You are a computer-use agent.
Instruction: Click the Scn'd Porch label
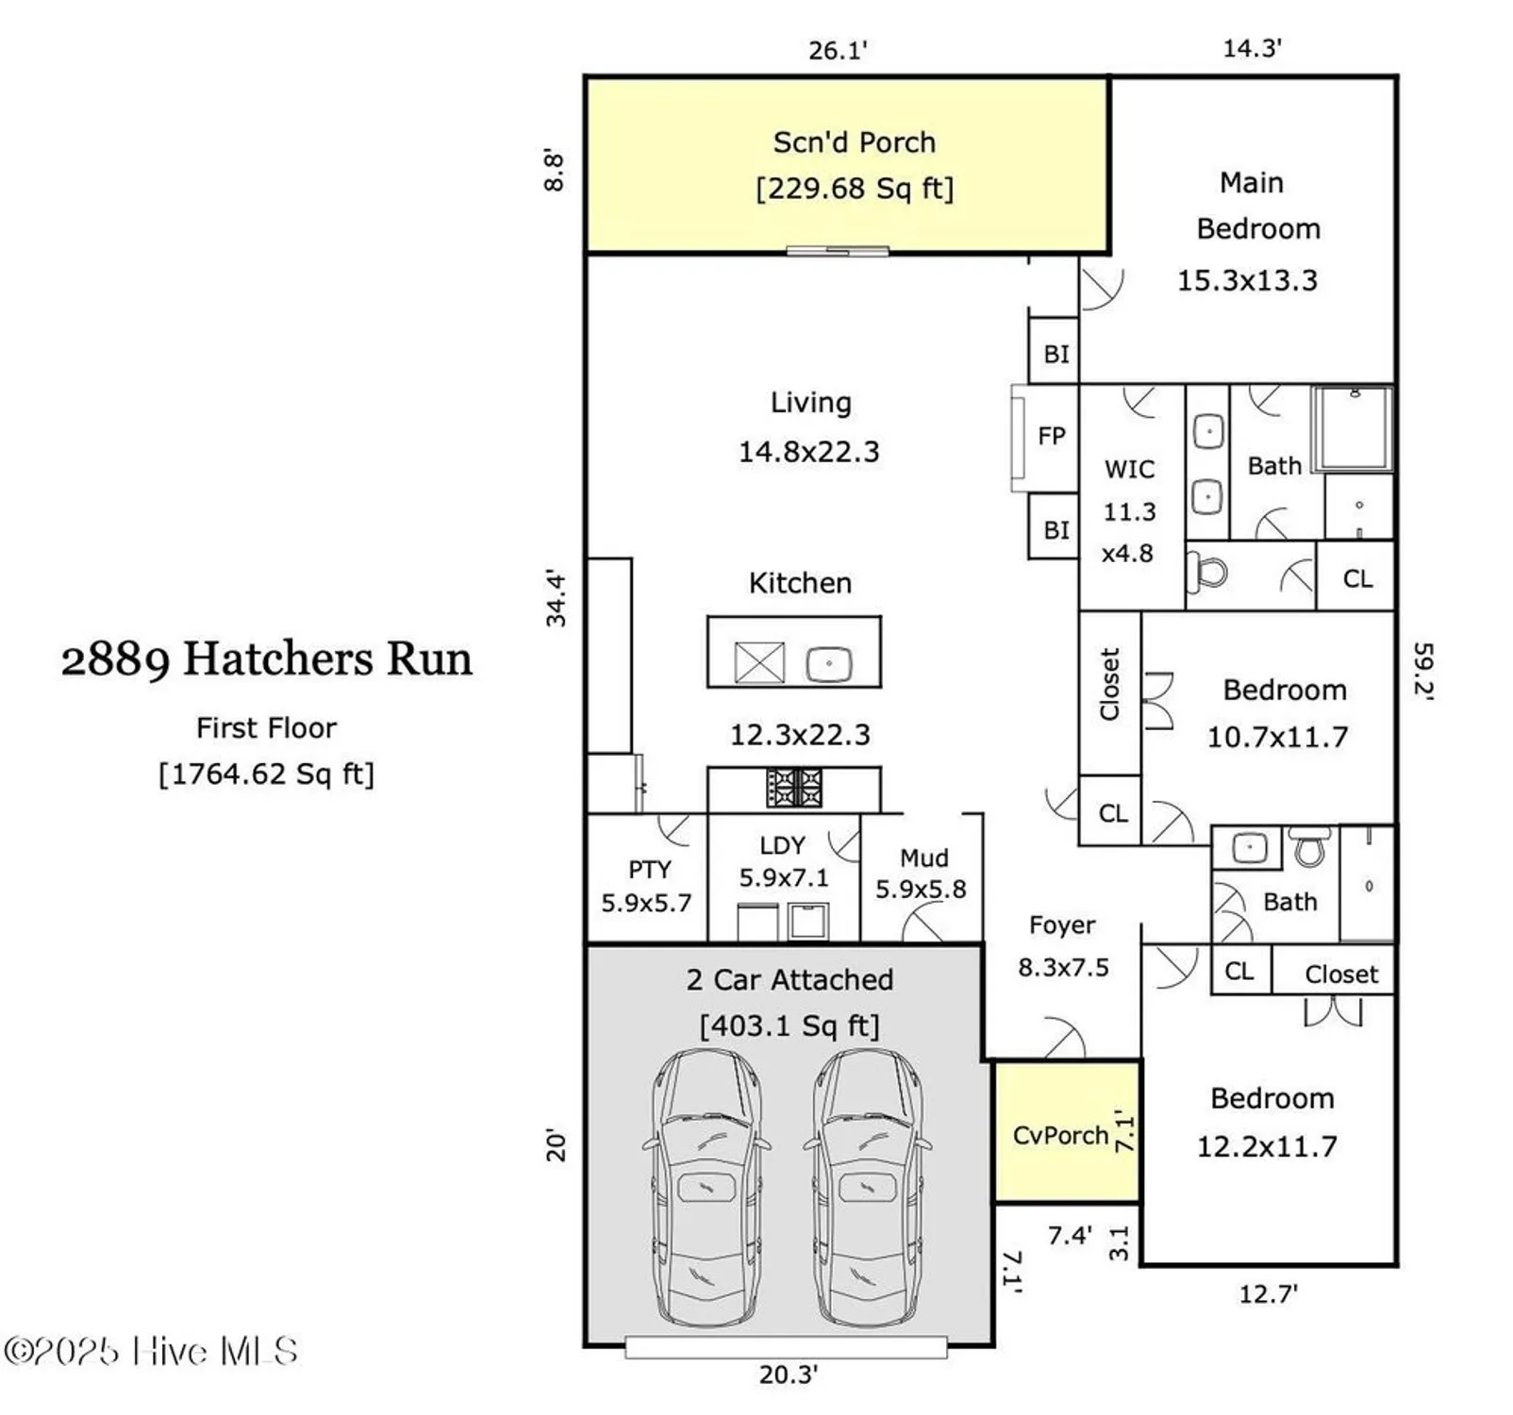pyautogui.click(x=854, y=142)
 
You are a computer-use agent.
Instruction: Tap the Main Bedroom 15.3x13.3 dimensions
pyautogui.click(x=1246, y=280)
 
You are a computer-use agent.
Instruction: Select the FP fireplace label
pyautogui.click(x=1051, y=436)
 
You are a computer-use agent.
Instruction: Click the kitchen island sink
pyautogui.click(x=829, y=663)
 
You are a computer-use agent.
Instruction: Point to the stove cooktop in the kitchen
pyautogui.click(x=793, y=787)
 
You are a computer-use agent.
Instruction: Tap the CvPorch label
pyautogui.click(x=1059, y=1135)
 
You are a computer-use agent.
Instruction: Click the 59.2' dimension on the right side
pyautogui.click(x=1423, y=670)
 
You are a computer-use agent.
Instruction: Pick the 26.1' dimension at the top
pyautogui.click(x=837, y=50)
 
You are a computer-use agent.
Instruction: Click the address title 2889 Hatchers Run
pyautogui.click(x=267, y=658)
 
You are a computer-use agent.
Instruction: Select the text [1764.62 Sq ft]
pyautogui.click(x=267, y=774)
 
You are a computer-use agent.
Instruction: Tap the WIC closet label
pyautogui.click(x=1129, y=469)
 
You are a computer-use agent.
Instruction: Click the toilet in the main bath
pyautogui.click(x=1208, y=572)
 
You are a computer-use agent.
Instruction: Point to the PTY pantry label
pyautogui.click(x=649, y=869)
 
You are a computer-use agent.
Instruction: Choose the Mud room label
pyautogui.click(x=923, y=857)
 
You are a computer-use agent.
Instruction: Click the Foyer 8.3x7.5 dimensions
pyautogui.click(x=1063, y=967)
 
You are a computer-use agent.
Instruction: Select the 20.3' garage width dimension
pyautogui.click(x=788, y=1374)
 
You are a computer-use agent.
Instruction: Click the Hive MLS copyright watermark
pyautogui.click(x=151, y=1352)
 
